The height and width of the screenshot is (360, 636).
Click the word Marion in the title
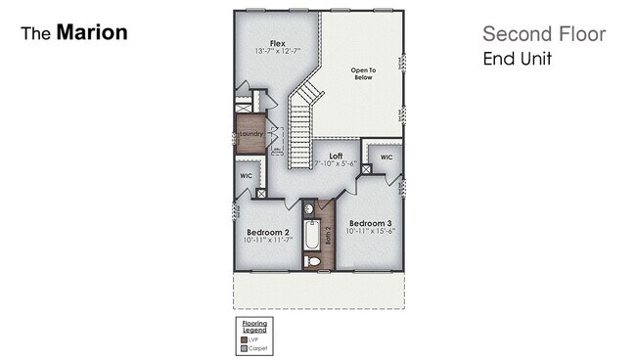(x=91, y=32)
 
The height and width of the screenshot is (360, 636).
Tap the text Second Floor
(x=544, y=35)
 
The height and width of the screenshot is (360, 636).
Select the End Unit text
(x=517, y=59)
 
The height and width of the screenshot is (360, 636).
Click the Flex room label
(x=277, y=42)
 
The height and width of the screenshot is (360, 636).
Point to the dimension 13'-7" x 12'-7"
(x=277, y=51)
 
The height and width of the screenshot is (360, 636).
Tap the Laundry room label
(x=251, y=134)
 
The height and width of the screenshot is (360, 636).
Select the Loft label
(x=335, y=155)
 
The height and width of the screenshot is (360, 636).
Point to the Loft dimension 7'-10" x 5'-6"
(x=335, y=163)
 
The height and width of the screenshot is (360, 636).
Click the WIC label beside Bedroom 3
(x=386, y=157)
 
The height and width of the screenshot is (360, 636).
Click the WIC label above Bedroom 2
(x=246, y=177)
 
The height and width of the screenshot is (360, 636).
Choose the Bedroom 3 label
(x=370, y=222)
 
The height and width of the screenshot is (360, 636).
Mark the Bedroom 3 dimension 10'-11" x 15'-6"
(x=370, y=231)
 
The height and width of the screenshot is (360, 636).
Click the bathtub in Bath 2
(x=311, y=236)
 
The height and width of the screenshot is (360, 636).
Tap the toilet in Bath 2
(x=312, y=260)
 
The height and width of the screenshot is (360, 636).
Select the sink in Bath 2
(x=307, y=208)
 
